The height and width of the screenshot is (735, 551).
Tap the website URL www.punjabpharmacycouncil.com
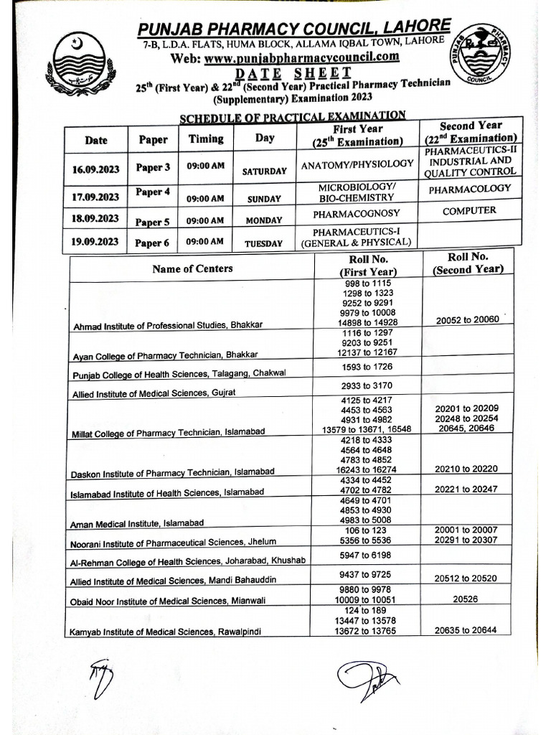[x=301, y=58]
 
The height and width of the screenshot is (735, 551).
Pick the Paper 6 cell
[x=153, y=243]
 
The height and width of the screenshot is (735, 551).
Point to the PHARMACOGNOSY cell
[x=357, y=214]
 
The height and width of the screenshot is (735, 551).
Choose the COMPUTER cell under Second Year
[x=469, y=211]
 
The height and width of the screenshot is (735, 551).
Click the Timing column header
[x=206, y=139]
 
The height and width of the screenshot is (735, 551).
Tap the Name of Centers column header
[x=192, y=268]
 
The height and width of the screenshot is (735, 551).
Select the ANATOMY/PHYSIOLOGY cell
[x=357, y=164]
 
